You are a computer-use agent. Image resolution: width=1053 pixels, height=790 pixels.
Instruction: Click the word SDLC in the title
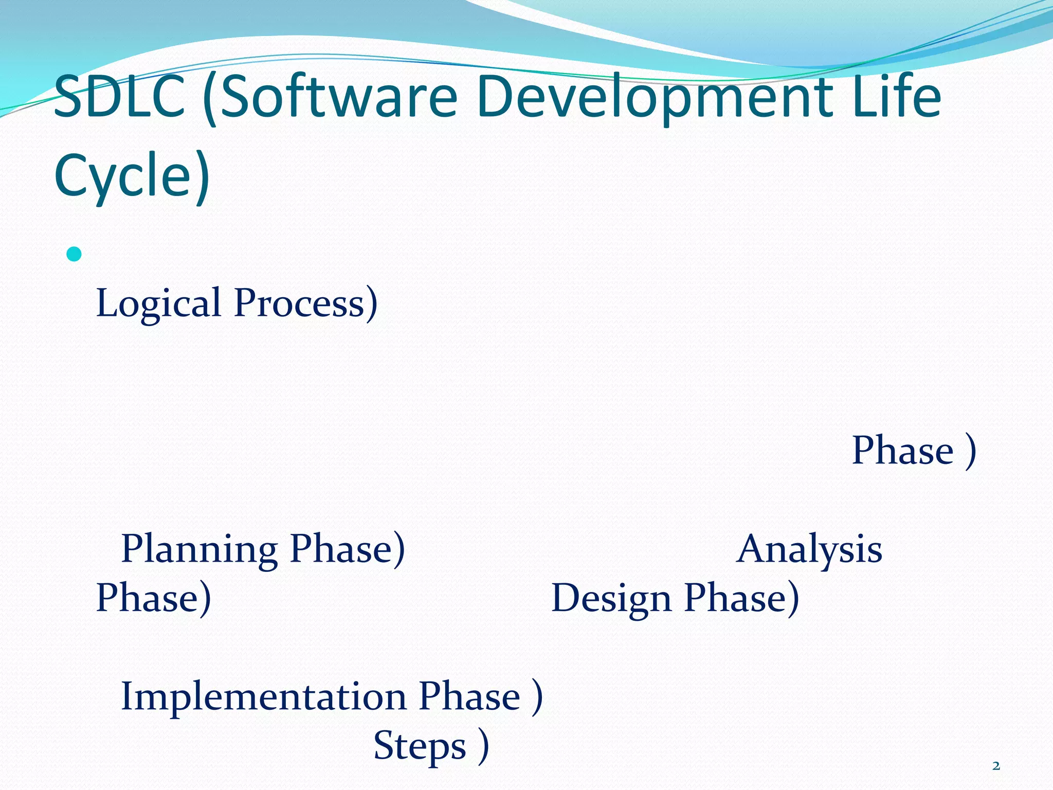click(x=119, y=97)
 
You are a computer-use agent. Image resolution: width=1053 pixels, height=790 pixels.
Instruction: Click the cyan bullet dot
click(x=74, y=254)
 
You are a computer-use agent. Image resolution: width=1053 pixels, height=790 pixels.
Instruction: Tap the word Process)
click(x=305, y=303)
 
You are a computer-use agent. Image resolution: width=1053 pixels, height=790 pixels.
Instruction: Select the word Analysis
click(x=809, y=549)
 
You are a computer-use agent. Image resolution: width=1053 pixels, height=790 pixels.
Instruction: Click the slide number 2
click(x=996, y=766)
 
